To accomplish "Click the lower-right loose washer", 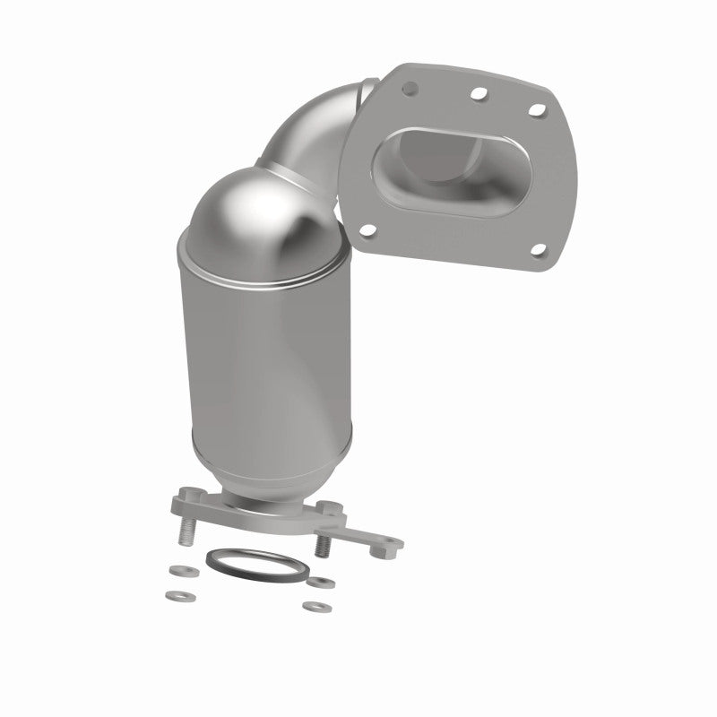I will click(313, 607).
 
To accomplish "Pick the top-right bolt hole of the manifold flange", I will click(536, 109).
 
